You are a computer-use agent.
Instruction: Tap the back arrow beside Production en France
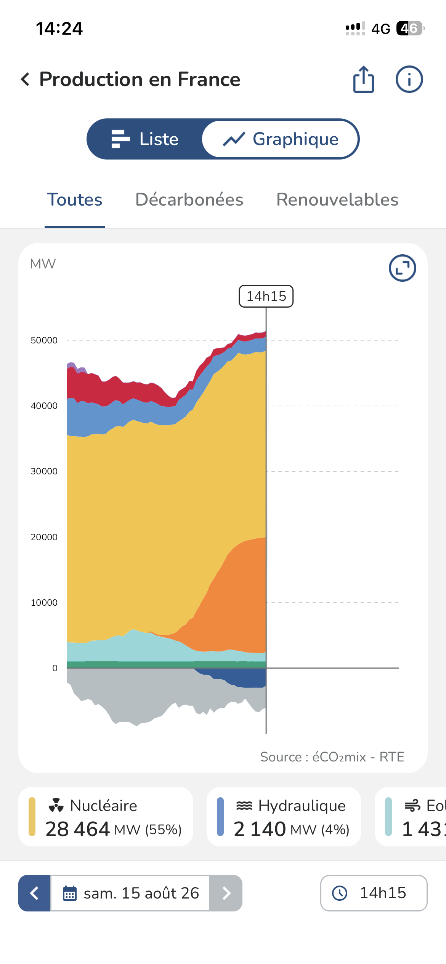click(x=25, y=79)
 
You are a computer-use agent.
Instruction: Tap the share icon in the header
click(x=364, y=79)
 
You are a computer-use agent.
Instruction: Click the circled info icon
click(x=409, y=79)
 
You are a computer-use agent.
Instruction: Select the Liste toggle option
click(x=145, y=139)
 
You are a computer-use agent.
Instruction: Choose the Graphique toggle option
click(x=281, y=139)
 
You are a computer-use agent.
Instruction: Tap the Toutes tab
click(x=75, y=200)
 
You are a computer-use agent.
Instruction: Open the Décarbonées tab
click(x=189, y=200)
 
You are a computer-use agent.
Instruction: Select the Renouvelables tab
click(x=337, y=200)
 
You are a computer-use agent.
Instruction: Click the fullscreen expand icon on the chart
click(x=403, y=268)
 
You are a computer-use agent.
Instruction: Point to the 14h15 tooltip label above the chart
click(x=266, y=296)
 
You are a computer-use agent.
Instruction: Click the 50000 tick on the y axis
click(x=44, y=340)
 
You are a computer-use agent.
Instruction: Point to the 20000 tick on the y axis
click(x=44, y=537)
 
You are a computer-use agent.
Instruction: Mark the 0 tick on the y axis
click(x=55, y=668)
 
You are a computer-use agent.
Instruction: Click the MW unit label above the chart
click(x=43, y=264)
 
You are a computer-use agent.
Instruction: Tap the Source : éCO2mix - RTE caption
click(x=332, y=757)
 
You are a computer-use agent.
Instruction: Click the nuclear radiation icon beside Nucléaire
click(x=56, y=805)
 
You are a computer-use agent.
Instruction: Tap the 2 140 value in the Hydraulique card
click(x=260, y=829)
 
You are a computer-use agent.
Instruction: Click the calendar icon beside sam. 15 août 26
click(x=69, y=893)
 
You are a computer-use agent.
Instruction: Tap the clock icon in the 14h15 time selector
click(x=340, y=893)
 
